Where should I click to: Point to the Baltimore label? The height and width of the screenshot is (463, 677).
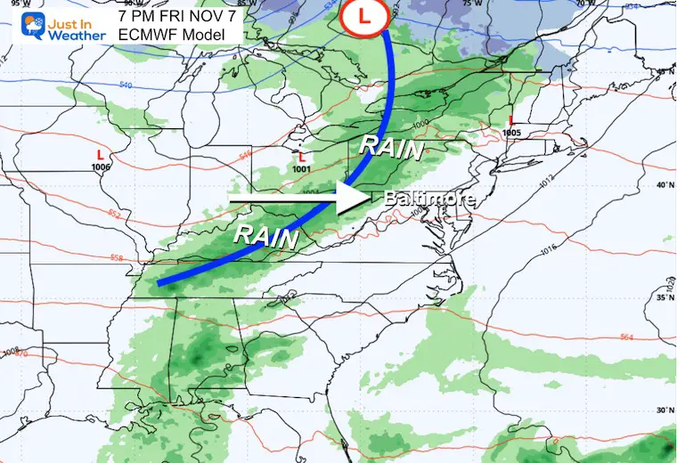[x=429, y=199]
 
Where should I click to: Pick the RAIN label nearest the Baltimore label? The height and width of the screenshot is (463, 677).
[x=389, y=149]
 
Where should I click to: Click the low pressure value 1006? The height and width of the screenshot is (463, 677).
[x=100, y=167]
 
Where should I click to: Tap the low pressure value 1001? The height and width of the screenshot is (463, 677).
[x=300, y=168]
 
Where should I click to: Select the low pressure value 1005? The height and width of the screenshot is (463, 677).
[x=511, y=133]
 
